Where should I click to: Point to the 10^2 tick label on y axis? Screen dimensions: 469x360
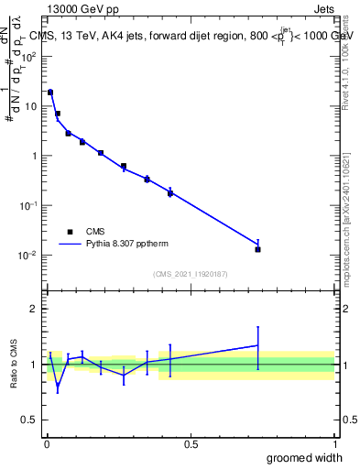(29, 57)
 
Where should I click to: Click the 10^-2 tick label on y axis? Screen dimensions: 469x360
(29, 256)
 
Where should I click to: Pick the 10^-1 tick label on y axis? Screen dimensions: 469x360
(29, 206)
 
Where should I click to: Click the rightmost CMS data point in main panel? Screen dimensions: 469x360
(258, 249)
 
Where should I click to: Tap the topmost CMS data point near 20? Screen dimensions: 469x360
(50, 93)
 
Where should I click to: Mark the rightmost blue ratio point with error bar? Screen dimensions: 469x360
(258, 345)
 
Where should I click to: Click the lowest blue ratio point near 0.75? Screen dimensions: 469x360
(58, 386)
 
